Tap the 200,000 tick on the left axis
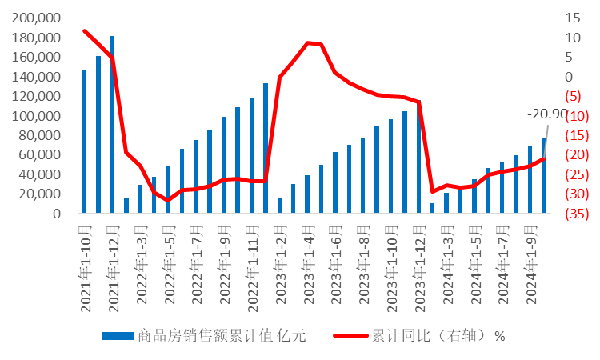tap(38, 18)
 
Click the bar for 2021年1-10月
tap(84, 141)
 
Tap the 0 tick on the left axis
tap(58, 214)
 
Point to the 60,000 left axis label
tap(41, 155)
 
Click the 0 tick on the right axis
tap(570, 77)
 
